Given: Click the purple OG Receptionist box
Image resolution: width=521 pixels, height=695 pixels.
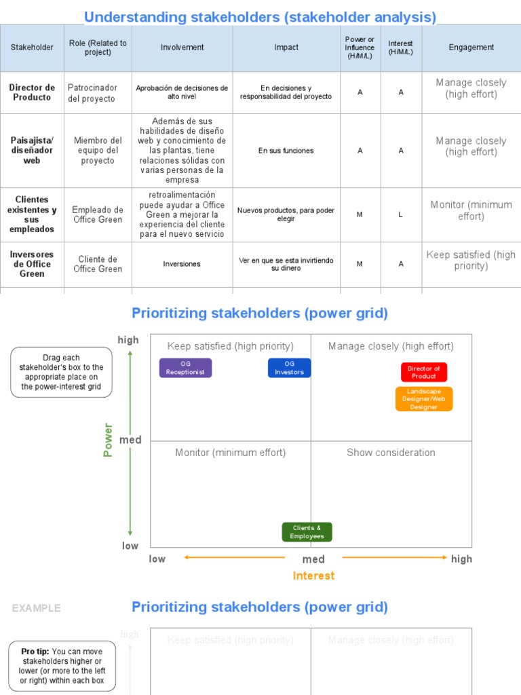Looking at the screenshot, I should tap(185, 368).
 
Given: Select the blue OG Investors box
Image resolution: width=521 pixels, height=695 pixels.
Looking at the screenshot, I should tap(289, 368).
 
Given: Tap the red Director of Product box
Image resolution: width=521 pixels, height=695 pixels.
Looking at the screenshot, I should tap(424, 372).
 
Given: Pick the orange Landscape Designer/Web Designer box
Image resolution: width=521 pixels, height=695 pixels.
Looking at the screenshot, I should tap(424, 399).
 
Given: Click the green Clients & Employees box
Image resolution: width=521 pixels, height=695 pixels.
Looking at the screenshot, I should tap(307, 532).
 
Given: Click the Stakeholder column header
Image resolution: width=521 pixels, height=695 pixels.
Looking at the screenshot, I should tap(32, 48).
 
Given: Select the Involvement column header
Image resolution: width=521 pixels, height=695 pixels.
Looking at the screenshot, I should tap(182, 48).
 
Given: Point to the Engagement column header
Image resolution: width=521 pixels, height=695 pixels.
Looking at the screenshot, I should tap(471, 48).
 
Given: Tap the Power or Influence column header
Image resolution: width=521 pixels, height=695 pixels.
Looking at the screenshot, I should tap(360, 48).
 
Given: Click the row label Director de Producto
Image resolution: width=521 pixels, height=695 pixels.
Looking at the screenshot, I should tap(32, 92).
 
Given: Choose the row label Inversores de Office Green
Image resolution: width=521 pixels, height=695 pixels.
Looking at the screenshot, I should tap(32, 264).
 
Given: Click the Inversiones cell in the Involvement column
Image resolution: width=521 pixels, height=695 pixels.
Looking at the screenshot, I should tap(182, 264).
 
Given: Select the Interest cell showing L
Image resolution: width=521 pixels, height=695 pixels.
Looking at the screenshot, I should tap(400, 214).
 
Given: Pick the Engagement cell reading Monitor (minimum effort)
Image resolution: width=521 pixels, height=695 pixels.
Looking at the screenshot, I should tap(471, 210).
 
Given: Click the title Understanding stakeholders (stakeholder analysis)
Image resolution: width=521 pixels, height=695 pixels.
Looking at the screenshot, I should tap(260, 17).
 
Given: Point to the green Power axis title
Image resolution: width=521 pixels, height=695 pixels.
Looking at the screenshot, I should tap(108, 440).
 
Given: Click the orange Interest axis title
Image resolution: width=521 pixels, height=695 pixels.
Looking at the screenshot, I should tap(313, 576).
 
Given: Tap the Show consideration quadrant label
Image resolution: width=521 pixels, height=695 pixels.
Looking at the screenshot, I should tap(391, 453).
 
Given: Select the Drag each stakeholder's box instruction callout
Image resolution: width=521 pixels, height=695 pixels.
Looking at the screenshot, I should tap(61, 372).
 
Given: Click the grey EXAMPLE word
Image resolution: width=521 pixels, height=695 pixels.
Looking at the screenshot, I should tap(36, 608).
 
